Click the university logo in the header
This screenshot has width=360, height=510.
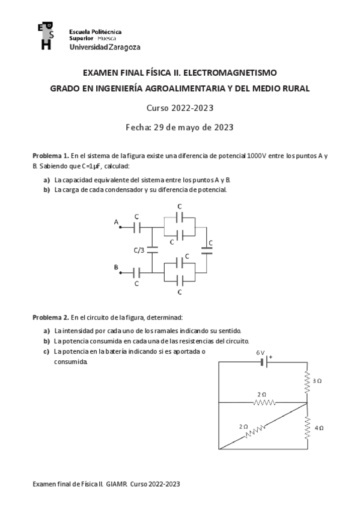44,36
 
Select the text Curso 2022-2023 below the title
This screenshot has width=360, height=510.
180,108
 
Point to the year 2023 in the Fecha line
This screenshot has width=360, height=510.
221,127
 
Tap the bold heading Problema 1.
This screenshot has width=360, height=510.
50,155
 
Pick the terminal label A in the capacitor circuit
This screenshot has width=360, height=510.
116,221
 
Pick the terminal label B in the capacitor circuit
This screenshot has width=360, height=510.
116,266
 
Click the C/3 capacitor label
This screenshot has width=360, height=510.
139,250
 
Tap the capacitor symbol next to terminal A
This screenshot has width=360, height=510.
137,227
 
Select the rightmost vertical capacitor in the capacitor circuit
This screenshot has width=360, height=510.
207,250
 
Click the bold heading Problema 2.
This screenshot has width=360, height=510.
50,317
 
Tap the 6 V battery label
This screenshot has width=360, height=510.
260,352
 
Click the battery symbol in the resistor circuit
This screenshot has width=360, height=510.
263,362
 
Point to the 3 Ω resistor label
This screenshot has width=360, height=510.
318,381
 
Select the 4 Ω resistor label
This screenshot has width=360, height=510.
319,428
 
